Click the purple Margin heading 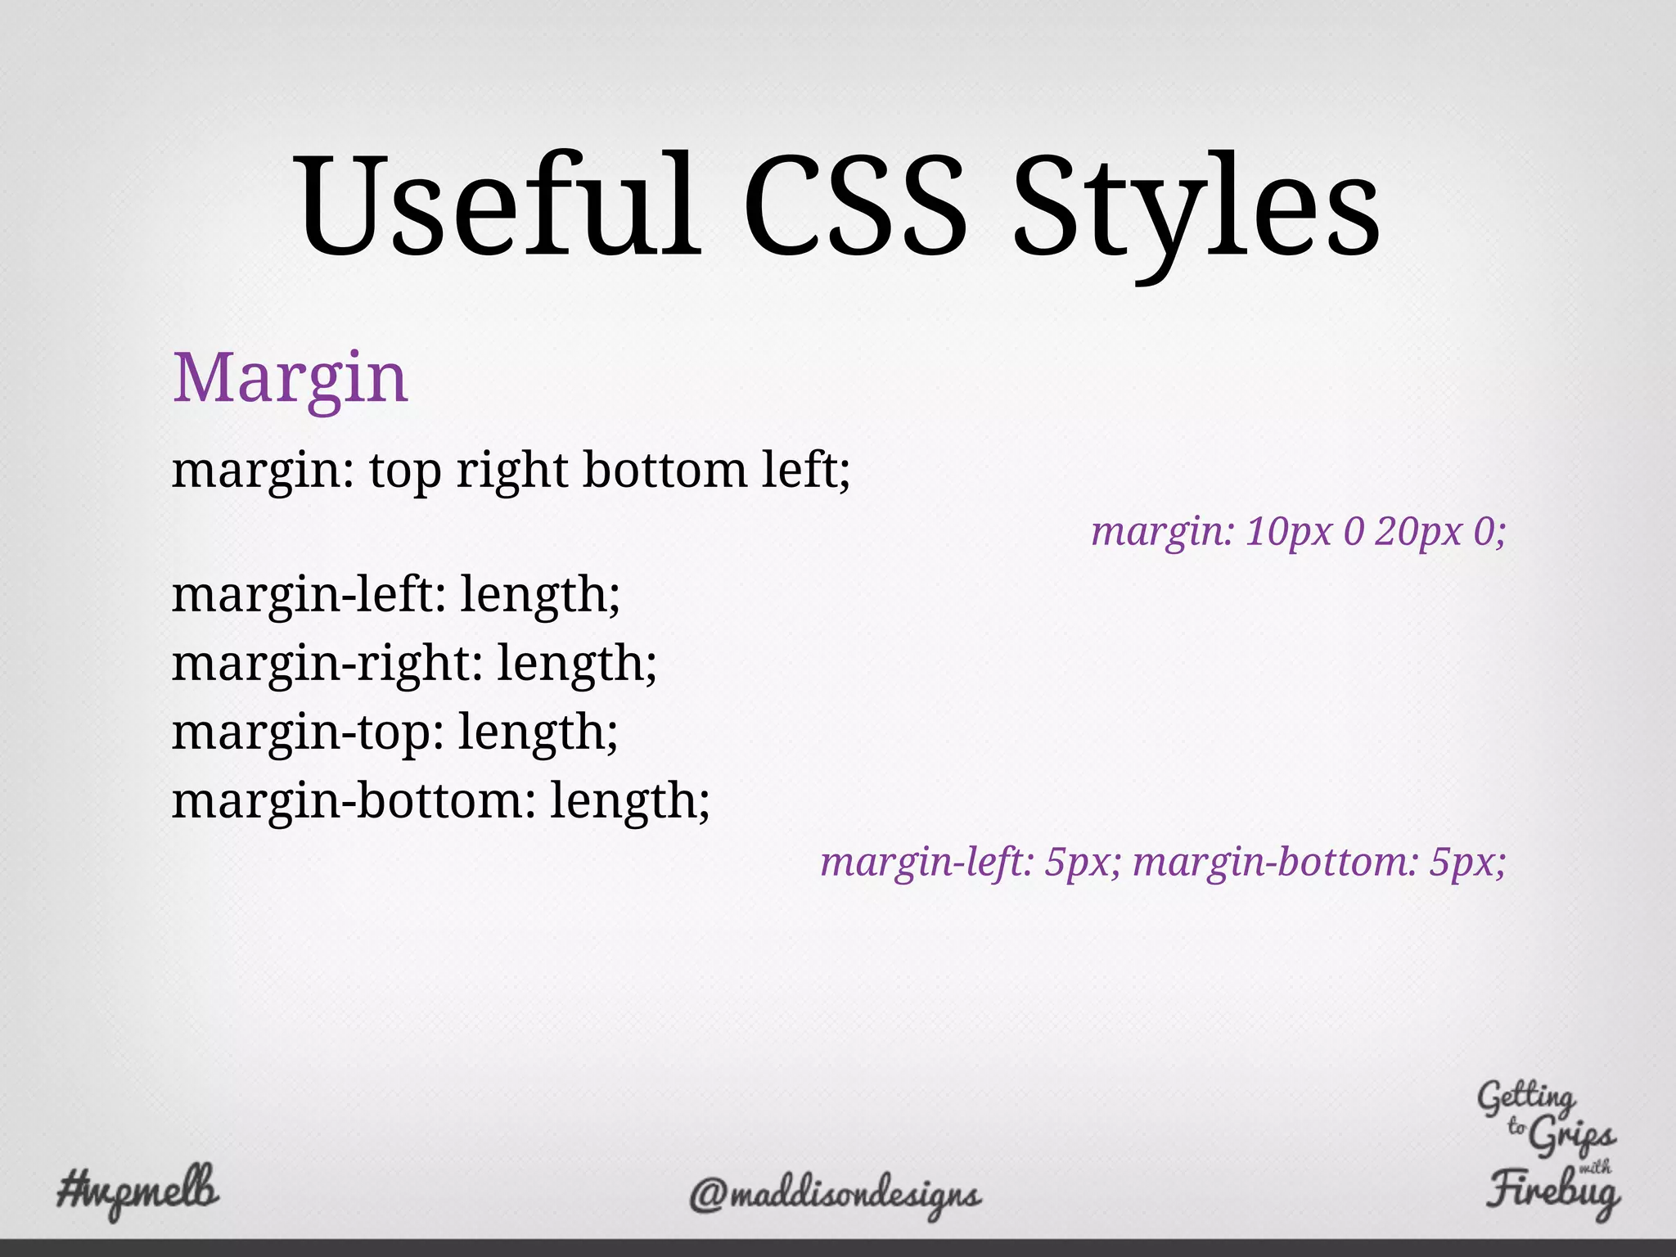tap(290, 378)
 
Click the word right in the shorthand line tap(511, 471)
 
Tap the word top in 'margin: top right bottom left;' tap(404, 473)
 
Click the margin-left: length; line tap(396, 594)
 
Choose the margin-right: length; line tap(414, 663)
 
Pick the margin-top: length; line tap(394, 732)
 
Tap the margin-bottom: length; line tap(440, 800)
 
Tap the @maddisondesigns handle tap(835, 1196)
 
